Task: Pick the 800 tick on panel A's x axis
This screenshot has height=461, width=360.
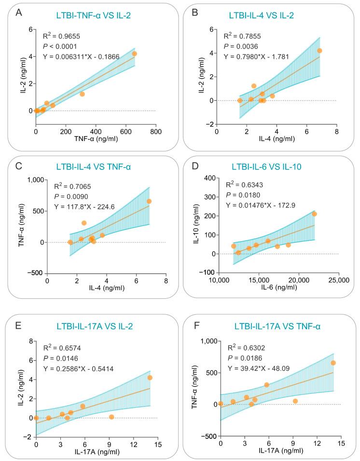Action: pyautogui.click(x=155, y=118)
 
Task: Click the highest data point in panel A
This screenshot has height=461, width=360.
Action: pyautogui.click(x=135, y=54)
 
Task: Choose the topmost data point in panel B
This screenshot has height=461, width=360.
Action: pyautogui.click(x=319, y=51)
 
